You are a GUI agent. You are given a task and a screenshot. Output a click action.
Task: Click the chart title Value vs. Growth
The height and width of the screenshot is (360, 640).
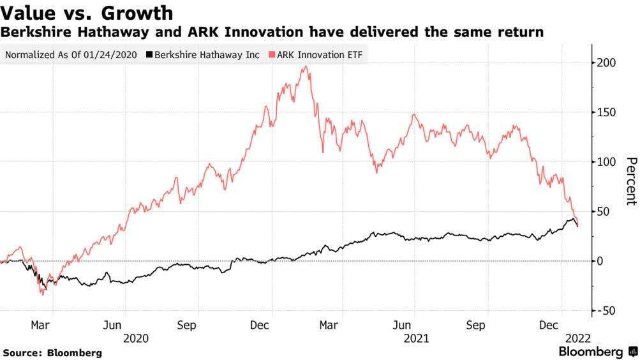88,12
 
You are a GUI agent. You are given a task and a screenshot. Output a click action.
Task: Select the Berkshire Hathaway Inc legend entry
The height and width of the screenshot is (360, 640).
204,54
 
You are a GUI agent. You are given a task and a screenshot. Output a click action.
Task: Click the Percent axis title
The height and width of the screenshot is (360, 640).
630,181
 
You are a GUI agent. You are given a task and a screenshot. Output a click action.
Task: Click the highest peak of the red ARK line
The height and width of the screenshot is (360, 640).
307,66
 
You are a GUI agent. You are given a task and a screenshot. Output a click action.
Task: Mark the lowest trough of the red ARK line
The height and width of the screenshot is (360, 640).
42,294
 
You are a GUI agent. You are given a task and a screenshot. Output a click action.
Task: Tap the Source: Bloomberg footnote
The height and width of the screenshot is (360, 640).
52,352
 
